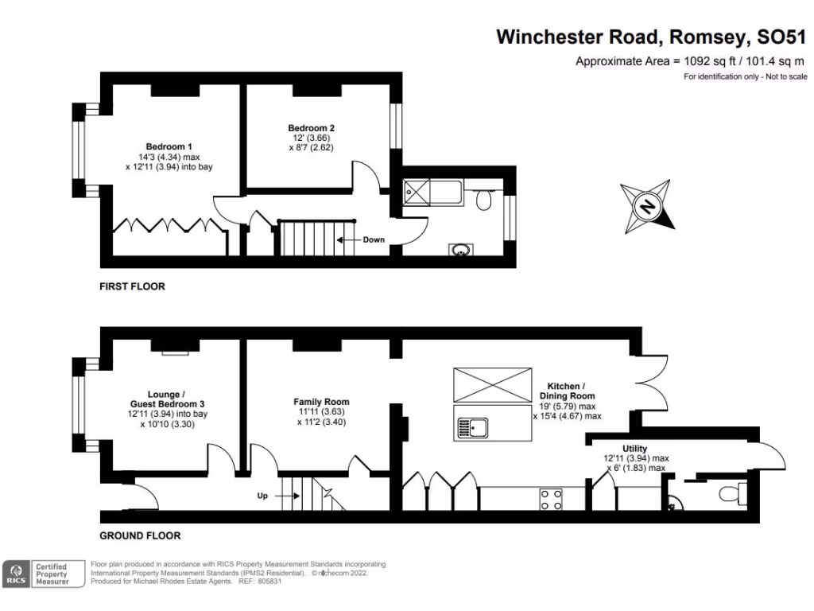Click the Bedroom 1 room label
click(x=169, y=146)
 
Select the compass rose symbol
click(x=648, y=207)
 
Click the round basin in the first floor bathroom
click(x=460, y=250)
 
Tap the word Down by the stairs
click(x=374, y=239)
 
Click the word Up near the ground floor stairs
click(x=262, y=496)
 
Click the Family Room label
click(x=321, y=402)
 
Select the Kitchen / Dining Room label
click(x=567, y=391)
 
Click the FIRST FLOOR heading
click(x=132, y=286)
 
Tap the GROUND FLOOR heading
click(x=140, y=535)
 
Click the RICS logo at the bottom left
click(x=17, y=574)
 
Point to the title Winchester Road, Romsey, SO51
click(x=651, y=37)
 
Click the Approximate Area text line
click(x=691, y=61)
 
